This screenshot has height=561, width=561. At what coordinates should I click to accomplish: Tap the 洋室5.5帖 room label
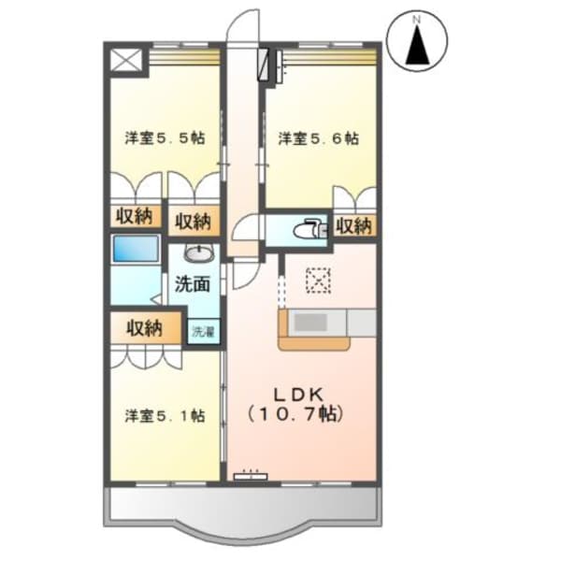[x=165, y=138]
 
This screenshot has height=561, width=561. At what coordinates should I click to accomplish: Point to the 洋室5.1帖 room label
[x=165, y=414]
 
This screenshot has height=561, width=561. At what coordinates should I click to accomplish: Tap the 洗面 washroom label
[x=192, y=285]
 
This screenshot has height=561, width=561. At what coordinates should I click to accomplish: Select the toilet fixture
[x=306, y=230]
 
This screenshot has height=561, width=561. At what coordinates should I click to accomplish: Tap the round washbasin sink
[x=197, y=253]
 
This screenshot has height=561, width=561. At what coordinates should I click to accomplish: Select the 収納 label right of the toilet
[x=354, y=225]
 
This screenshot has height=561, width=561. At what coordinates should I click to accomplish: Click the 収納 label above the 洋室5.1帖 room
[x=145, y=328]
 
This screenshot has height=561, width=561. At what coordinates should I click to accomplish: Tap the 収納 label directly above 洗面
[x=194, y=223]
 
